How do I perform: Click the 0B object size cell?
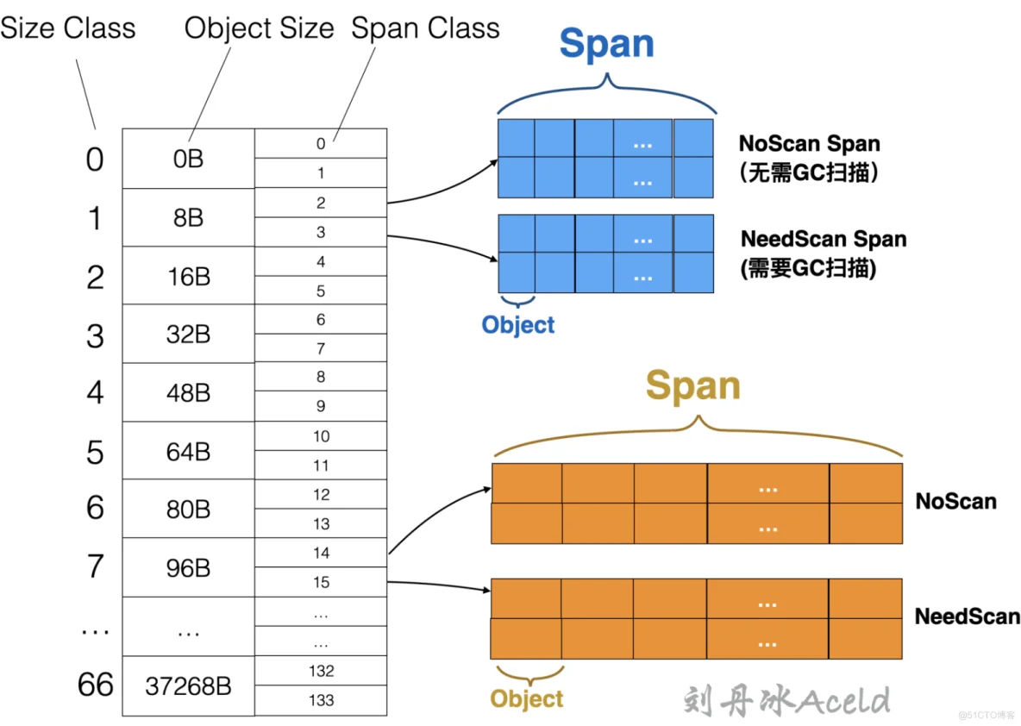tap(188, 159)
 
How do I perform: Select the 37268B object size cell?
tap(188, 686)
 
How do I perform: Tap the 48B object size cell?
tap(188, 393)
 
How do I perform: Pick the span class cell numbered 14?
tap(321, 553)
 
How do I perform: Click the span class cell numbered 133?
tap(321, 700)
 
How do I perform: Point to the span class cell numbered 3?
tap(321, 232)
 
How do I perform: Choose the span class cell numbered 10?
tap(321, 436)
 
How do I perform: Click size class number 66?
tap(95, 685)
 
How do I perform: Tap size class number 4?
tap(95, 393)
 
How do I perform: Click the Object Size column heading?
tap(259, 28)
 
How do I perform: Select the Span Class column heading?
tap(425, 28)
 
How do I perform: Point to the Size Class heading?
tap(68, 28)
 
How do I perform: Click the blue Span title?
tap(606, 44)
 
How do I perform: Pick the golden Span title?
tap(692, 385)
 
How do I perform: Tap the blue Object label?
tap(518, 325)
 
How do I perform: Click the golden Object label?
tap(526, 698)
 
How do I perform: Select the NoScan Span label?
tap(810, 144)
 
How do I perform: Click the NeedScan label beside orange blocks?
tap(967, 616)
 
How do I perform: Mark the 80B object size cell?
tap(188, 510)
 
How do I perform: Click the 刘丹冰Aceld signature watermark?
tap(786, 700)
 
